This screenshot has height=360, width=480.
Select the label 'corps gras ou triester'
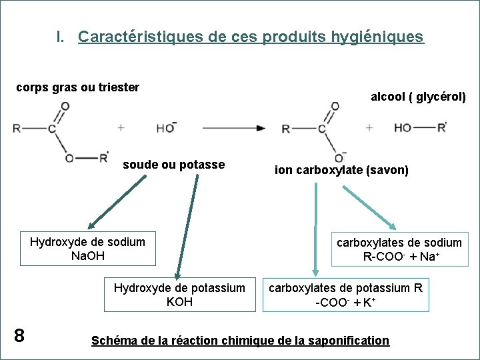[77, 87]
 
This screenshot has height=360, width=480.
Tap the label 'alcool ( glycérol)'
[418, 97]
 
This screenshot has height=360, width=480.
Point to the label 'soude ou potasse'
[173, 165]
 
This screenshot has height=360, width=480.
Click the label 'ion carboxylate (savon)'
[341, 170]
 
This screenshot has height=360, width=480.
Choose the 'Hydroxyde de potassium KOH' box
[179, 295]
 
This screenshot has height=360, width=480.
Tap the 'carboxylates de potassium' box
[345, 295]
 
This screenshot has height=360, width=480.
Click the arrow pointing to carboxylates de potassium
[316, 230]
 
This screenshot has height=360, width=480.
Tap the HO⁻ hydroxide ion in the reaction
[166, 127]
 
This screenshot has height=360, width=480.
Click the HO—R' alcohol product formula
[420, 127]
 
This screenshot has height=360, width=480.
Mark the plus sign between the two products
[369, 127]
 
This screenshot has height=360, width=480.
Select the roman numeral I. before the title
[61, 37]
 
